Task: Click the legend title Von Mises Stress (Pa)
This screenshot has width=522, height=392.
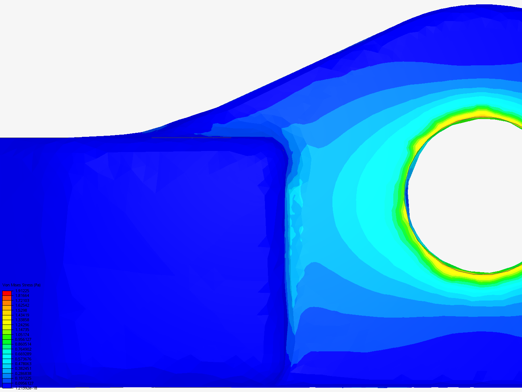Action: [x=21, y=285]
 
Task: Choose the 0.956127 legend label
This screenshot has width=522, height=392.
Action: [x=23, y=339]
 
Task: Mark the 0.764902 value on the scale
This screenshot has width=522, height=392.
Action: [x=23, y=349]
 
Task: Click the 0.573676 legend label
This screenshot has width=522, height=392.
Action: [x=23, y=359]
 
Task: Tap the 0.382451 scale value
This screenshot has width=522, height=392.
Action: [x=23, y=369]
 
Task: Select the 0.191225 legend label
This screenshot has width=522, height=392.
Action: [x=23, y=378]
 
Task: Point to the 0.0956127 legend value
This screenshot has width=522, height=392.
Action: [x=24, y=383]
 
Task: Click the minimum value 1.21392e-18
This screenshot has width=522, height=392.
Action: [x=26, y=388]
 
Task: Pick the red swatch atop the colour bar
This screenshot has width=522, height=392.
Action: [x=7, y=293]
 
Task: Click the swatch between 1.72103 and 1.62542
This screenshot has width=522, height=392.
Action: [x=7, y=303]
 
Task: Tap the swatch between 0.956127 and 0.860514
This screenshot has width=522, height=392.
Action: [x=7, y=342]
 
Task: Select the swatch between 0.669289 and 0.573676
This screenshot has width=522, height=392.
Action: [x=7, y=356]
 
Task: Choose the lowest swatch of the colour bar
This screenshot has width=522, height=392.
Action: [x=7, y=386]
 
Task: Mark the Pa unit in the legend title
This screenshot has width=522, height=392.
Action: [x=38, y=285]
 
